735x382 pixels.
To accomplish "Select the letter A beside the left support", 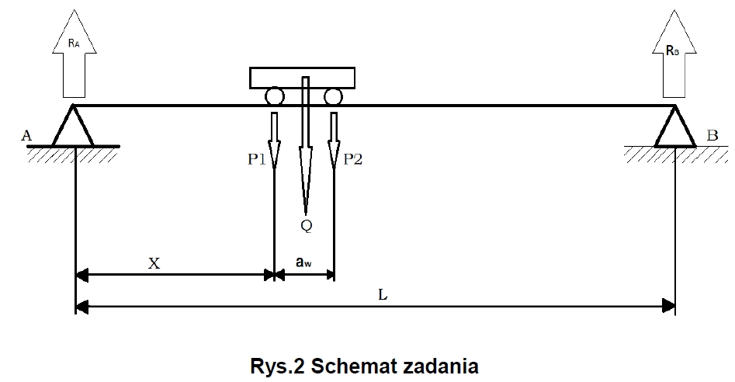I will coord(26,137).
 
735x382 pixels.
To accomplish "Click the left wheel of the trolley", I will coord(274,98).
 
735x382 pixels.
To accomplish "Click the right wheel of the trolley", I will coord(333,98).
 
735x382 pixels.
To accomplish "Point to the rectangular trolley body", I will coord(303,77).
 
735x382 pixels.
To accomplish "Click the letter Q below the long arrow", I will coord(306,226).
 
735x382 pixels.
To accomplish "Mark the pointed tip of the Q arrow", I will coord(306,213).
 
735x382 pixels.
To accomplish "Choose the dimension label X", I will coord(154,263).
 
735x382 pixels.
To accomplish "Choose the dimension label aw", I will coord(304,263).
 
